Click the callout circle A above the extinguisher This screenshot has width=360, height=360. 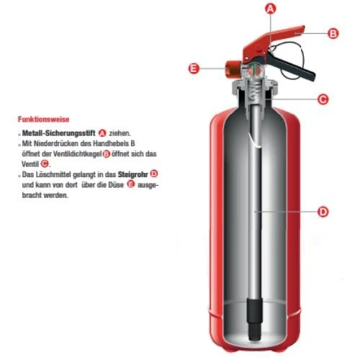270,9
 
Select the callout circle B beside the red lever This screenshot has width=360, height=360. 333,33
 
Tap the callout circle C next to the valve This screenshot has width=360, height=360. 323,99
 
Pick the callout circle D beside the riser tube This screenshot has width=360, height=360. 323,212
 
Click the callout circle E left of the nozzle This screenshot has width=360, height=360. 194,68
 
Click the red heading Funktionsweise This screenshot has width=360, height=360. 43,120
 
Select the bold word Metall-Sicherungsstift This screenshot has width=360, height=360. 58,133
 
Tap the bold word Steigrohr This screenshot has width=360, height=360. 132,174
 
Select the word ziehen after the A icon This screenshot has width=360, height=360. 120,133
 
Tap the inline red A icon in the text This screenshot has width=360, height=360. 102,133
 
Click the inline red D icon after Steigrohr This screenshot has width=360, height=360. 154,174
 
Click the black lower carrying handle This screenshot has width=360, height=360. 292,66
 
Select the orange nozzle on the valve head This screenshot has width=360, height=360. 233,69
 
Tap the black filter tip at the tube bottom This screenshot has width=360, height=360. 255,319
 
